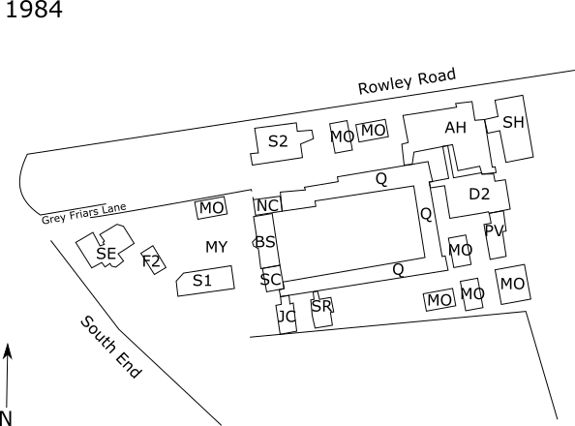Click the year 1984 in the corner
click(34, 9)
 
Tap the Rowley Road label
click(407, 81)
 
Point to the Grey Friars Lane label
click(83, 214)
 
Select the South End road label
click(110, 347)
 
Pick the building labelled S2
click(282, 143)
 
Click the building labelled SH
click(514, 129)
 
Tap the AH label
click(456, 128)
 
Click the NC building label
click(267, 206)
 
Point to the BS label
click(264, 242)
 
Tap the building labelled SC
click(272, 279)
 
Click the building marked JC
click(287, 316)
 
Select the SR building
click(322, 309)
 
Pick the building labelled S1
click(205, 281)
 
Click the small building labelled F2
click(153, 260)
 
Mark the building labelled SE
click(106, 246)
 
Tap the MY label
click(217, 247)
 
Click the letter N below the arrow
click(6, 418)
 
